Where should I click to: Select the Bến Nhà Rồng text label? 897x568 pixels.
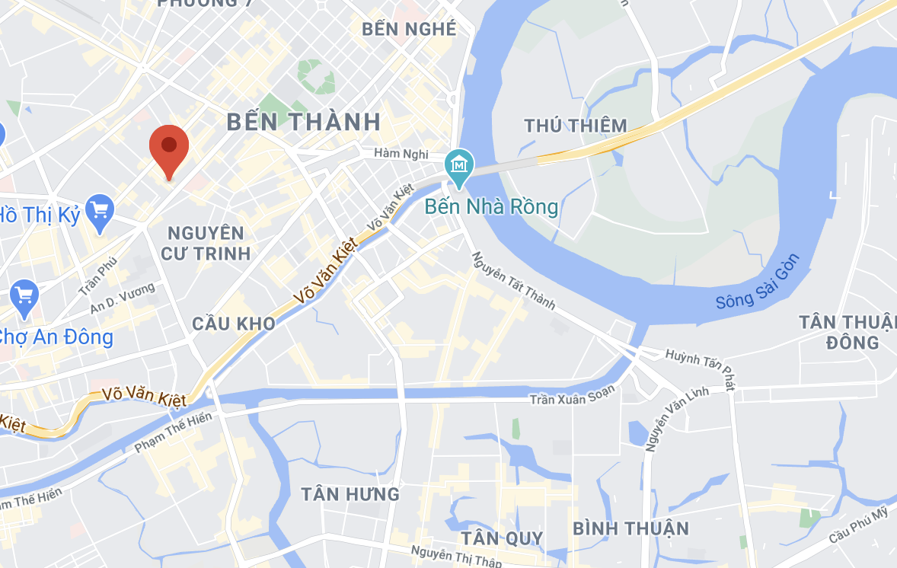click(x=491, y=206)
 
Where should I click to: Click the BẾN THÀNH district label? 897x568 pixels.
click(x=304, y=122)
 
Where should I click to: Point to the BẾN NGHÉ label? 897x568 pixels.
click(x=410, y=29)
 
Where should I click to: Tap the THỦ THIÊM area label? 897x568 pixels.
click(x=576, y=126)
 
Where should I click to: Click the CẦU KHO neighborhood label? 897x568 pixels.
click(x=233, y=324)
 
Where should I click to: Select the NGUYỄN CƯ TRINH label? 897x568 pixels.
click(x=206, y=243)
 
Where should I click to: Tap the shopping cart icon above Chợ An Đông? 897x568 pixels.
click(x=24, y=295)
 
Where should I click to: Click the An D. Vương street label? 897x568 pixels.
click(x=122, y=298)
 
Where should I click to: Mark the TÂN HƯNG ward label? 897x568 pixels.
click(x=350, y=494)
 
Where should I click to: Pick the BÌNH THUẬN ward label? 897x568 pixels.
click(x=630, y=528)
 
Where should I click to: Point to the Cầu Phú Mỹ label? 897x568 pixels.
click(x=859, y=525)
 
